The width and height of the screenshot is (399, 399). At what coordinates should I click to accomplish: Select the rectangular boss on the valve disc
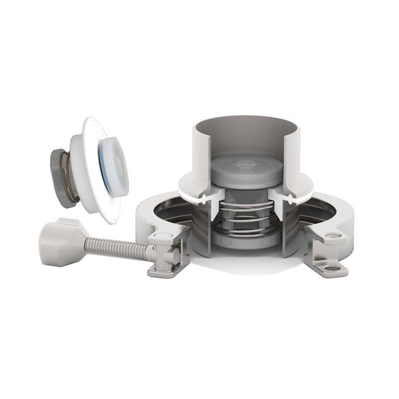click(244, 163)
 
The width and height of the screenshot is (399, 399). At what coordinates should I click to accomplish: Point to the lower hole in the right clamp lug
click(332, 268)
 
